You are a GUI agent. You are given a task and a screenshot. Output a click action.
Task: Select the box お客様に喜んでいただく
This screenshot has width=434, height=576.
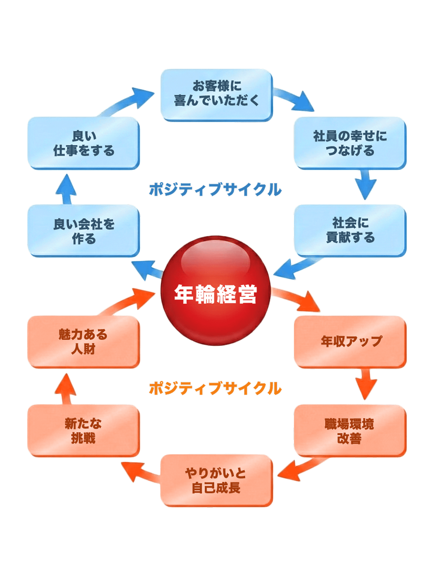(217, 95)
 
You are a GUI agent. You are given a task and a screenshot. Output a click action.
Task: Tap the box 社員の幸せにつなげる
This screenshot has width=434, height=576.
(350, 143)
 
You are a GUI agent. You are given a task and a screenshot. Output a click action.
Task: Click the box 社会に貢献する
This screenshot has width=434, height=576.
(350, 230)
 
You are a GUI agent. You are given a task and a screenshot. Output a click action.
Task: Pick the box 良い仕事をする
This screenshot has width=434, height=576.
(84, 143)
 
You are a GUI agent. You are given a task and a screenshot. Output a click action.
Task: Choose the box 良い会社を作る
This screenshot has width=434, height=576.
(84, 231)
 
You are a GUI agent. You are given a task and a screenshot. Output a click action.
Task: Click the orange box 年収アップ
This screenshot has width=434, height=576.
(350, 341)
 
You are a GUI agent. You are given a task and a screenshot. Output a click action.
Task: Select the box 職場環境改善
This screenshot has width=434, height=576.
(350, 430)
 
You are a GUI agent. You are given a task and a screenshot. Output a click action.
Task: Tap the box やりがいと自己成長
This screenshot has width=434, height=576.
(217, 480)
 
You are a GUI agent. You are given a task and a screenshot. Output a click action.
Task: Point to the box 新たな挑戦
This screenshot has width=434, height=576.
(84, 430)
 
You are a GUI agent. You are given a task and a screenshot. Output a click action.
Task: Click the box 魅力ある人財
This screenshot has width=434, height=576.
(84, 341)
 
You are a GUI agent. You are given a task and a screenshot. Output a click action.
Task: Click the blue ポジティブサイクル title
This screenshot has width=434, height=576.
(215, 189)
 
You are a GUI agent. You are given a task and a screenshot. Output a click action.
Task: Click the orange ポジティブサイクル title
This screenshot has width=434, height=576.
(215, 388)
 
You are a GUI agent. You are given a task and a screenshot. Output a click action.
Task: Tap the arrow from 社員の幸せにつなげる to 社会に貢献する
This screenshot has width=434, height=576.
(366, 185)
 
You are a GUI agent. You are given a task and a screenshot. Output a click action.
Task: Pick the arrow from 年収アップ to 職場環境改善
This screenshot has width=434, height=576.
(366, 384)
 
